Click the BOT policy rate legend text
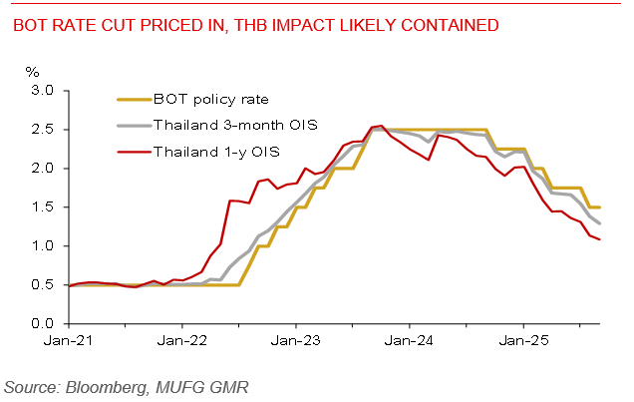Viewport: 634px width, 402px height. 210,100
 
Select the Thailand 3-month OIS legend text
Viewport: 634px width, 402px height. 230,126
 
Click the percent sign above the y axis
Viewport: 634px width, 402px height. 33,72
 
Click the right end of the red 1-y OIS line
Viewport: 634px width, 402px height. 600,239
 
